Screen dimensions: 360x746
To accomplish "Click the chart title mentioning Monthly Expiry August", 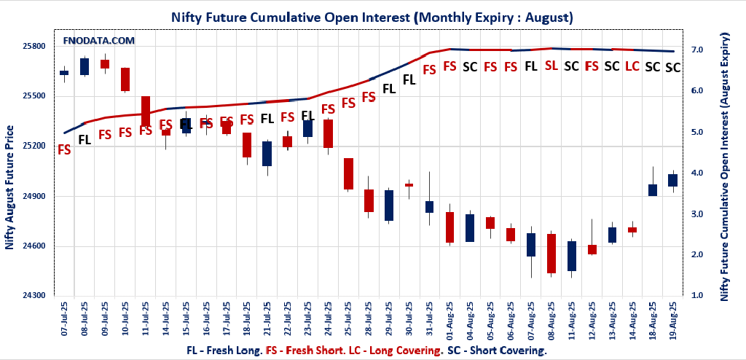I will (372, 16).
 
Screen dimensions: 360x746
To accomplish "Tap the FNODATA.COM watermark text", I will (98, 41).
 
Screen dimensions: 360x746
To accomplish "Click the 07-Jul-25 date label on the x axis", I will (65, 320).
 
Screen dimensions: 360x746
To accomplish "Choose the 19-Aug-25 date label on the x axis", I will (673, 320).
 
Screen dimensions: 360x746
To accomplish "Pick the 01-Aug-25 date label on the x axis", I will (450, 320).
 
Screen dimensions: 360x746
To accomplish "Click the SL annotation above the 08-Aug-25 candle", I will (551, 66).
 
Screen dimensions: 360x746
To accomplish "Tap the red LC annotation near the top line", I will (632, 66).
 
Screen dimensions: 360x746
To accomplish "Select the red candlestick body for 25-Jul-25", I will (348, 174).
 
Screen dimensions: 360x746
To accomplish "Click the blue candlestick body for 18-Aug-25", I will (653, 190).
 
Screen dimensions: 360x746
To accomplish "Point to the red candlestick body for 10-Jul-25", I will (125, 79).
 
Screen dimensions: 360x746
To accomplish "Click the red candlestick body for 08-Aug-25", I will (551, 253).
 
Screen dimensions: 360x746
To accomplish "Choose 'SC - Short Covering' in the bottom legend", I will (497, 350).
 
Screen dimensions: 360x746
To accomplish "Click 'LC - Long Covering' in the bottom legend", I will (404, 350).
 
